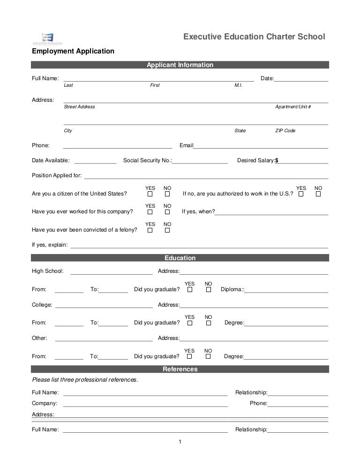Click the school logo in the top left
click(x=47, y=38)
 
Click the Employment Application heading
click(x=73, y=51)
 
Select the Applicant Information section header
click(x=180, y=65)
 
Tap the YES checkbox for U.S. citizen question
click(x=150, y=194)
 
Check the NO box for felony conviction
click(x=167, y=230)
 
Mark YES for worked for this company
click(x=150, y=211)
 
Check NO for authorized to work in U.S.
click(x=318, y=194)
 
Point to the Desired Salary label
click(x=256, y=160)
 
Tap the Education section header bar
click(x=180, y=258)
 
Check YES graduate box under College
click(x=189, y=323)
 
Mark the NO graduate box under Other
click(x=208, y=356)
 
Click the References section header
click(x=180, y=369)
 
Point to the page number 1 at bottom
click(x=180, y=441)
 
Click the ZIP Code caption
click(x=285, y=131)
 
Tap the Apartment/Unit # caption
click(x=293, y=107)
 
